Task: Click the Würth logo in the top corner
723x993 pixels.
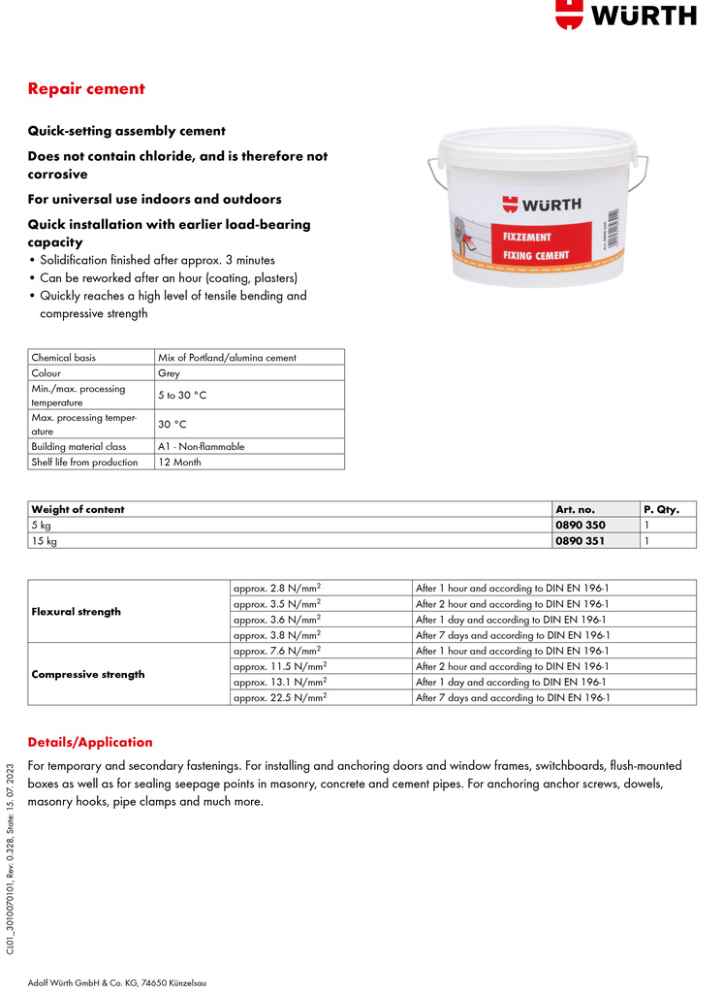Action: click(625, 15)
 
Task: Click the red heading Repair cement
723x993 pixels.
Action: click(86, 89)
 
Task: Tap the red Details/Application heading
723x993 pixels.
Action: click(90, 742)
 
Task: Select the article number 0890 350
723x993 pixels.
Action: click(580, 525)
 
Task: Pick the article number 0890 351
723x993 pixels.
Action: click(580, 540)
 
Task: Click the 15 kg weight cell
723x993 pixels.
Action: click(45, 540)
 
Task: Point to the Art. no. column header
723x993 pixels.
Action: click(575, 509)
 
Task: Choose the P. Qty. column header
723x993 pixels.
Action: click(661, 509)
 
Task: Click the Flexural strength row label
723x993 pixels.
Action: click(77, 612)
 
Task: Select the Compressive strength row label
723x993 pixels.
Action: click(88, 674)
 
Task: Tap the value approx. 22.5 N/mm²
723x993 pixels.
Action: click(280, 697)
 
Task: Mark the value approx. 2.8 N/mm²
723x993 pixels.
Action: click(277, 588)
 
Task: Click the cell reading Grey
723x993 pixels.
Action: click(169, 372)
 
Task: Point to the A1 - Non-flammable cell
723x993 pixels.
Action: click(202, 447)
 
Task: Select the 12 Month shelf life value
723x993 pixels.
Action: click(179, 463)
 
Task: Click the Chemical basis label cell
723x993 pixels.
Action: click(64, 357)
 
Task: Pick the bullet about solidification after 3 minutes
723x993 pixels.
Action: click(157, 260)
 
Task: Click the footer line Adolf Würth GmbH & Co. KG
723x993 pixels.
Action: click(116, 982)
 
